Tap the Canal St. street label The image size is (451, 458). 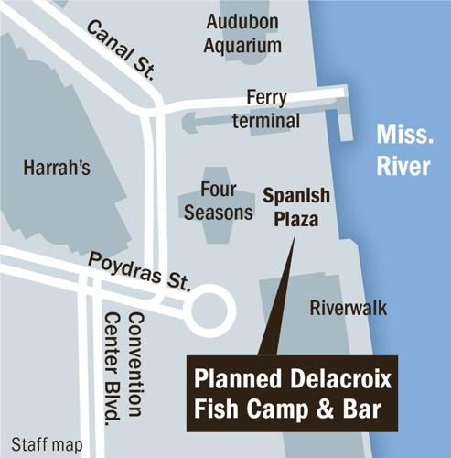pos(120,52)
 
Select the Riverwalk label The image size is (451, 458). pos(348,308)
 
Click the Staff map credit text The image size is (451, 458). pos(42,446)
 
